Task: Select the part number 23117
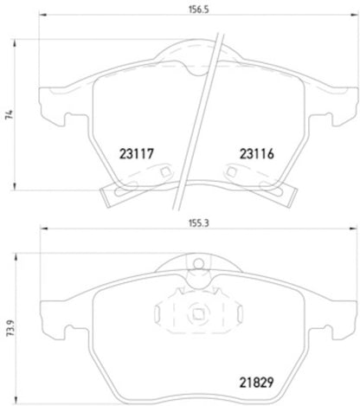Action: coord(135,155)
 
